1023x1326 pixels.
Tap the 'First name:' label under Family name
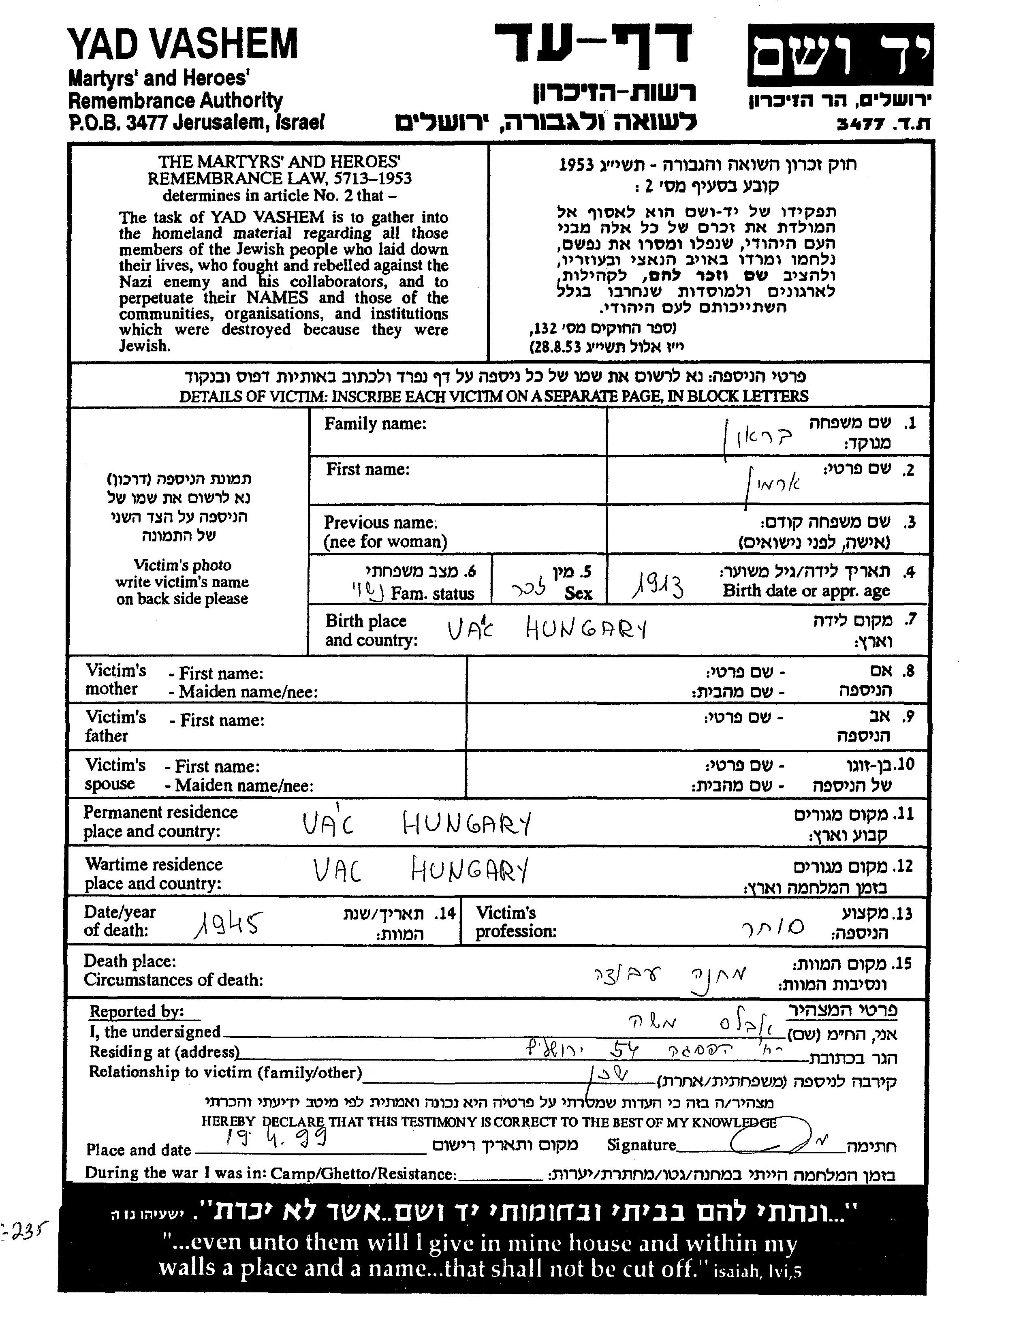point(367,469)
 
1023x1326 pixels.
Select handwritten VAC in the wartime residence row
point(337,871)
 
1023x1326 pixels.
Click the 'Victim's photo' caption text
point(182,565)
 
